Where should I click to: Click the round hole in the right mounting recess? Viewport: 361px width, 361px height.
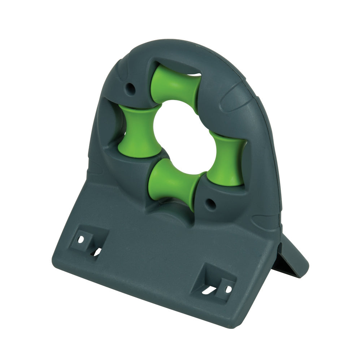click(228, 289)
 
